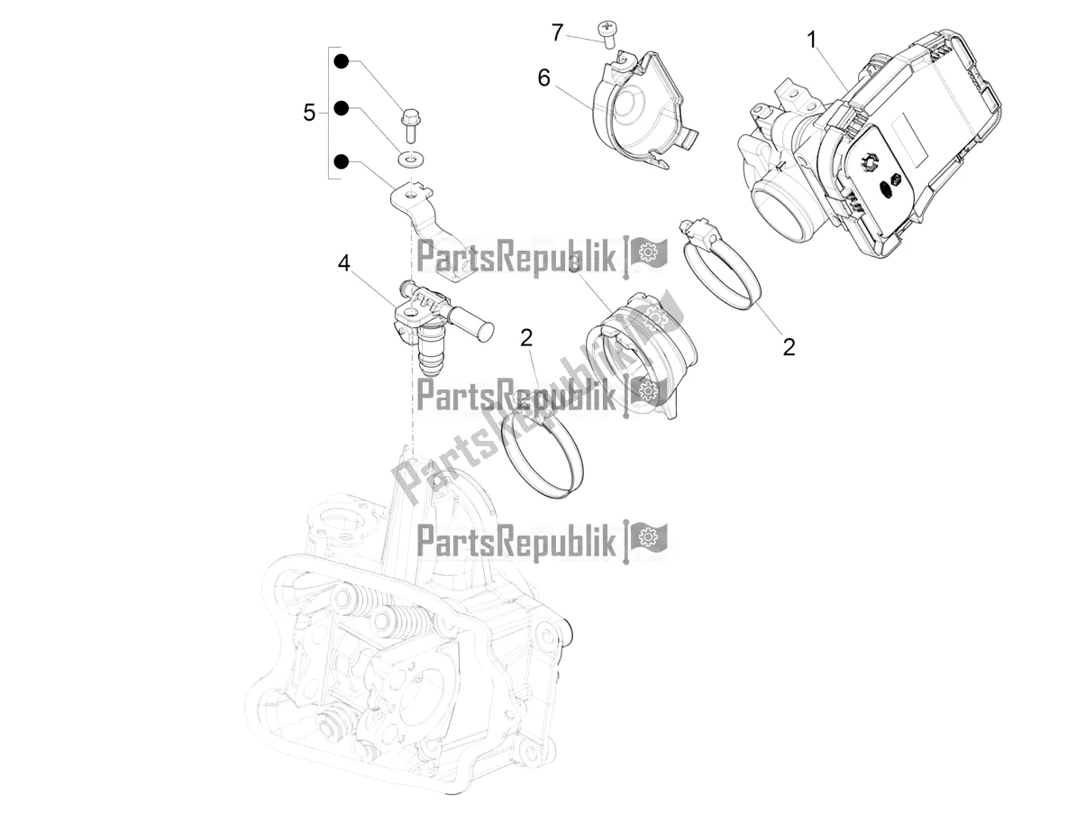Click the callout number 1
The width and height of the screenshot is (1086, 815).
click(x=812, y=39)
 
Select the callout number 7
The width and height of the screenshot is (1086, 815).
click(x=558, y=32)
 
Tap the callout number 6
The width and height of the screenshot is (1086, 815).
click(x=543, y=78)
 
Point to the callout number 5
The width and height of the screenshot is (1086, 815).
click(x=309, y=113)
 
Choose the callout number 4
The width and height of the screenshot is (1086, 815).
click(x=343, y=263)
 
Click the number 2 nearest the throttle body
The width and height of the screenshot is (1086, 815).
click(x=789, y=346)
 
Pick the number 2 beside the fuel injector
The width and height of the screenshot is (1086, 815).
click(x=526, y=338)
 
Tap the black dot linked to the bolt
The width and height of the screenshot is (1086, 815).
click(x=342, y=62)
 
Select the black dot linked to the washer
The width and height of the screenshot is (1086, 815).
click(x=342, y=108)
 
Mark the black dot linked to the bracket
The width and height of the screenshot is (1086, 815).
click(x=342, y=161)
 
